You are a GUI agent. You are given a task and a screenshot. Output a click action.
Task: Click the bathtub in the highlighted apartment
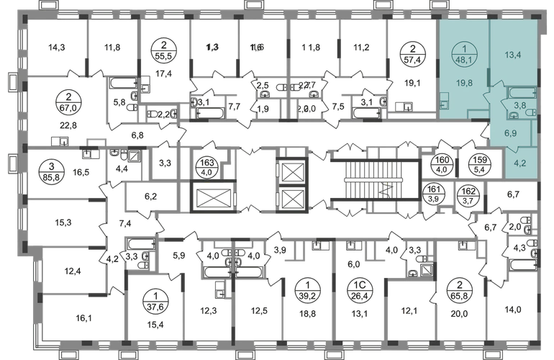tap(517, 92)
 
